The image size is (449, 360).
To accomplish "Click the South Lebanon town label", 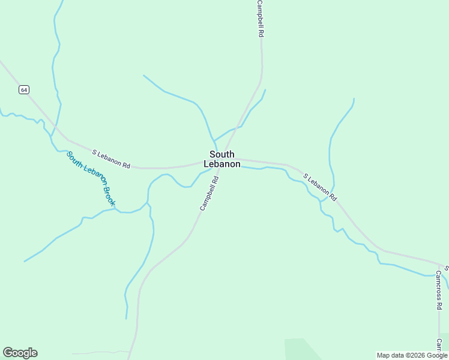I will coord(222,159).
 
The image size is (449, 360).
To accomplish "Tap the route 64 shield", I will coord(23,89).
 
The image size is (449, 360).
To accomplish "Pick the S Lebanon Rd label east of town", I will coord(320,187).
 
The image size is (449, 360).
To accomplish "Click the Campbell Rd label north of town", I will coord(260,19).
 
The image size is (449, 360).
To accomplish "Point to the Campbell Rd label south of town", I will coord(209,193).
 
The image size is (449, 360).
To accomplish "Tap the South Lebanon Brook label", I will coord(91,178).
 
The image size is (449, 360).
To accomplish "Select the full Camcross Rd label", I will coord(439,290).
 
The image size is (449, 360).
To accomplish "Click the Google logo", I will coord(20,353).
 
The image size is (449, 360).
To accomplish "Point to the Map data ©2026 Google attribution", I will coord(412,355).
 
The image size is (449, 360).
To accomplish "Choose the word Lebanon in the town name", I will coord(222,164).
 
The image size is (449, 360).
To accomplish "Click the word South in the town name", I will coord(222,154).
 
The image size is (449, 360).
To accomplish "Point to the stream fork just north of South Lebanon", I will coord(214,140).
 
